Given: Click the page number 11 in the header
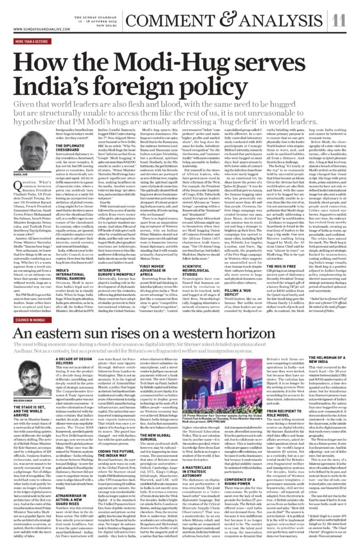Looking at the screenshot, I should [340, 20].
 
